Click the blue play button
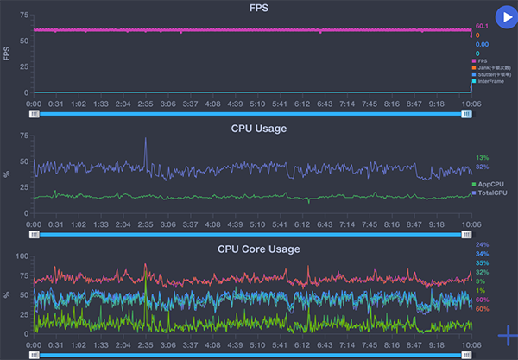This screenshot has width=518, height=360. (506, 17)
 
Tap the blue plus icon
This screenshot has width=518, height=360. (508, 334)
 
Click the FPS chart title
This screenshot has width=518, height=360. (258, 7)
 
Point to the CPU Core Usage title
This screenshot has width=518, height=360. (259, 249)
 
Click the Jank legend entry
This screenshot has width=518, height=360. (490, 66)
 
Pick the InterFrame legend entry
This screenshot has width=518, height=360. (490, 82)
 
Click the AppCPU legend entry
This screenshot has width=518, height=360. (490, 185)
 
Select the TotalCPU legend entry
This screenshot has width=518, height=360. (491, 193)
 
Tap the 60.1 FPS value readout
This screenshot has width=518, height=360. (482, 27)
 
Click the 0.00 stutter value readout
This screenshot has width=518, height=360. (482, 44)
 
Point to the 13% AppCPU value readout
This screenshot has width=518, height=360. (482, 158)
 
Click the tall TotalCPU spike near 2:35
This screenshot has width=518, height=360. (145, 140)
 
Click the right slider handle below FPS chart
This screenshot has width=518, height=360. (466, 113)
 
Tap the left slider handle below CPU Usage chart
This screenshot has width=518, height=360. (35, 234)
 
